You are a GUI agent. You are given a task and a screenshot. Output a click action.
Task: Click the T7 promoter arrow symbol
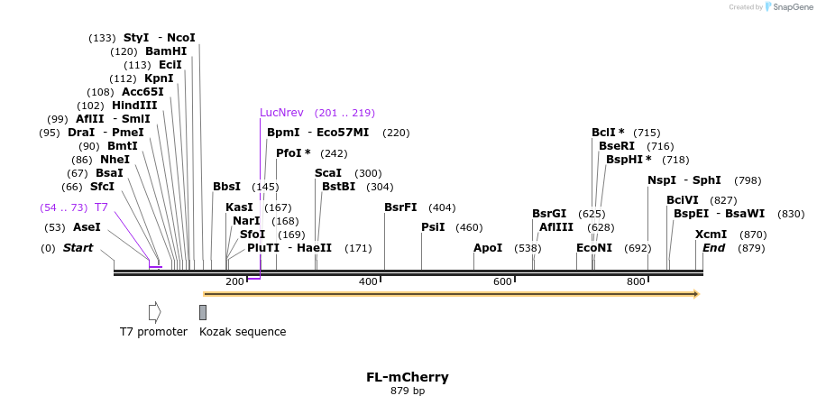(154, 312)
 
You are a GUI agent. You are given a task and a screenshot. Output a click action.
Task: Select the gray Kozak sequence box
(203, 312)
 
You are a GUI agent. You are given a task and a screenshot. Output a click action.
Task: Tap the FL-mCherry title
(407, 377)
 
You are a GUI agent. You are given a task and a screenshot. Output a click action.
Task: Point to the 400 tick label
(368, 282)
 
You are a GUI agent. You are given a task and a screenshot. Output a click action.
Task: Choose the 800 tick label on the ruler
(636, 282)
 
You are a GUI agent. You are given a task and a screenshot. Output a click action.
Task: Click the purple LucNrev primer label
(281, 113)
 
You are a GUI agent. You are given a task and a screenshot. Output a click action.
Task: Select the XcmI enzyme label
(711, 235)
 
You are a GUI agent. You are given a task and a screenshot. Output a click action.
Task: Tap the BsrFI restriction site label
(400, 207)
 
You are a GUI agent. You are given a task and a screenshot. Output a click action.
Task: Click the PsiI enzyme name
(433, 227)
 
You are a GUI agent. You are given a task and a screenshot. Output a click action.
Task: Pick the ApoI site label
(488, 247)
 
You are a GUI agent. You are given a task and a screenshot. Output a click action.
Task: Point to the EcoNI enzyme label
(594, 247)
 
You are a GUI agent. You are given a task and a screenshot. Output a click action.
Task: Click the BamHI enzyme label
(166, 51)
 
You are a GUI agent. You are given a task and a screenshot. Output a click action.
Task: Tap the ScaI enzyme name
(328, 173)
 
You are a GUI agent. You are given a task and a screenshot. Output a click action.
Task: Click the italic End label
(713, 248)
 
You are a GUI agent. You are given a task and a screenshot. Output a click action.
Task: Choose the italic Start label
(78, 248)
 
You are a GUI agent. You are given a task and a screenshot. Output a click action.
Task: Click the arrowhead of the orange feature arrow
(695, 294)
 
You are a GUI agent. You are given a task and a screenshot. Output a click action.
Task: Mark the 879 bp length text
(407, 391)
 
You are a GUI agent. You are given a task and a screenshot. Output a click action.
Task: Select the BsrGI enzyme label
(549, 214)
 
